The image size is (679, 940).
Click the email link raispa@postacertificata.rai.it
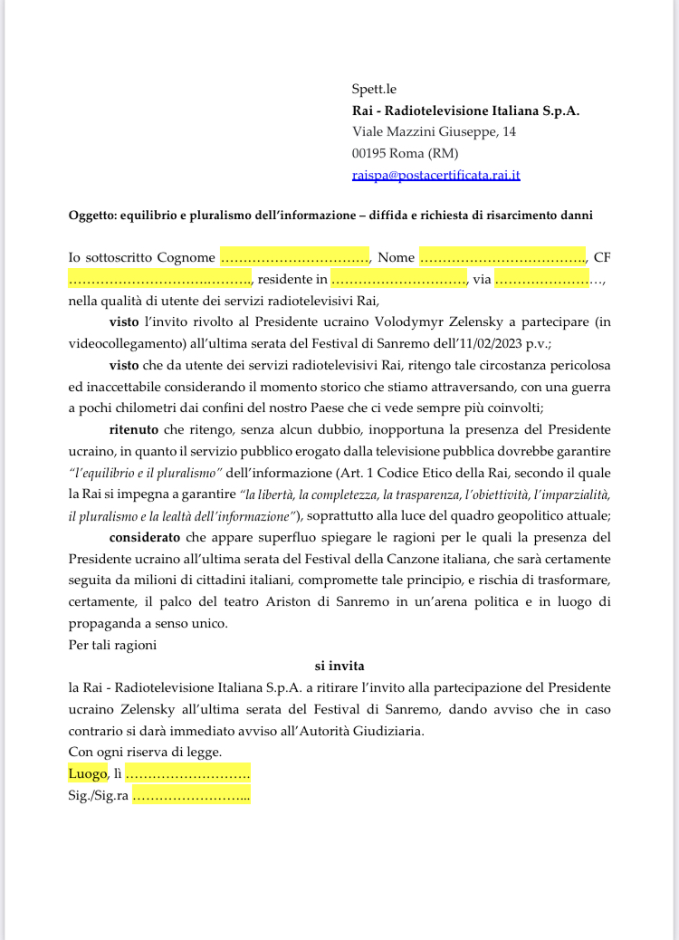point(435,175)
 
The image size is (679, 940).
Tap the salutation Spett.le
point(374,89)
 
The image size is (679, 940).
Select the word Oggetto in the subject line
point(92,216)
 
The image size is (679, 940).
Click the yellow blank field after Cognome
point(294,257)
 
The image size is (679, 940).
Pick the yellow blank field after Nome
point(503,257)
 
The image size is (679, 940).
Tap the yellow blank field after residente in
point(398,279)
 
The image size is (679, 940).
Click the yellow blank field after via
point(542,279)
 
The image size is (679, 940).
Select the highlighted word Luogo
point(88,773)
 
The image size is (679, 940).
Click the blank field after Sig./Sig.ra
point(192,796)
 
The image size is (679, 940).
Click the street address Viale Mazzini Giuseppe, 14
point(435,132)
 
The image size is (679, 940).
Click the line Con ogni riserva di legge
point(145,752)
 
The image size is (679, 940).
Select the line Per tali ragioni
point(112,645)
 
